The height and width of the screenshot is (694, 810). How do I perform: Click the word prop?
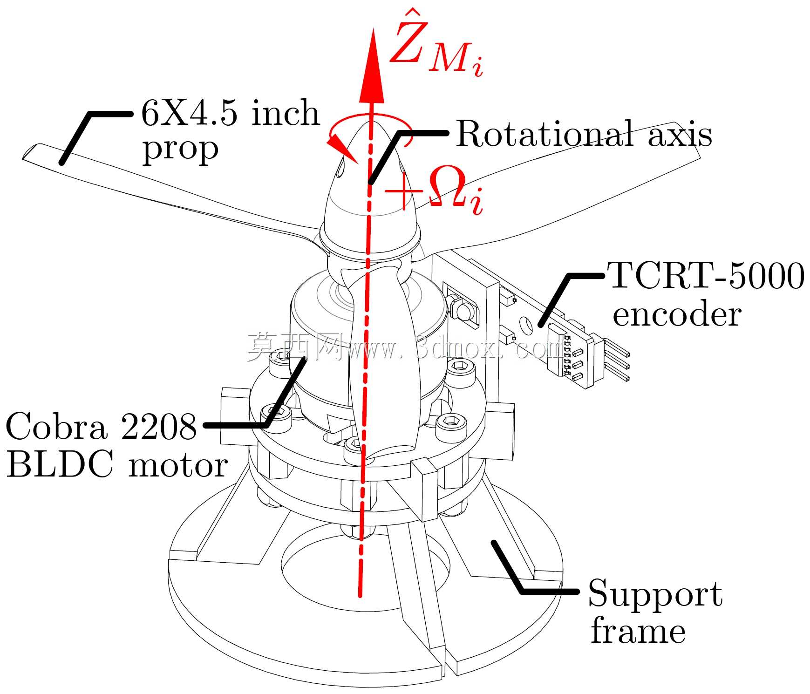click(x=180, y=150)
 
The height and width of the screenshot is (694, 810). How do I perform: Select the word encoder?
click(x=676, y=315)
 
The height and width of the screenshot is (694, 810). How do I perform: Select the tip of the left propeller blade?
click(x=24, y=157)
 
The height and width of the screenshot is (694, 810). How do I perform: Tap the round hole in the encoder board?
click(x=527, y=325)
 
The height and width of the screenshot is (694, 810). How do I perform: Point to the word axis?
click(x=680, y=135)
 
